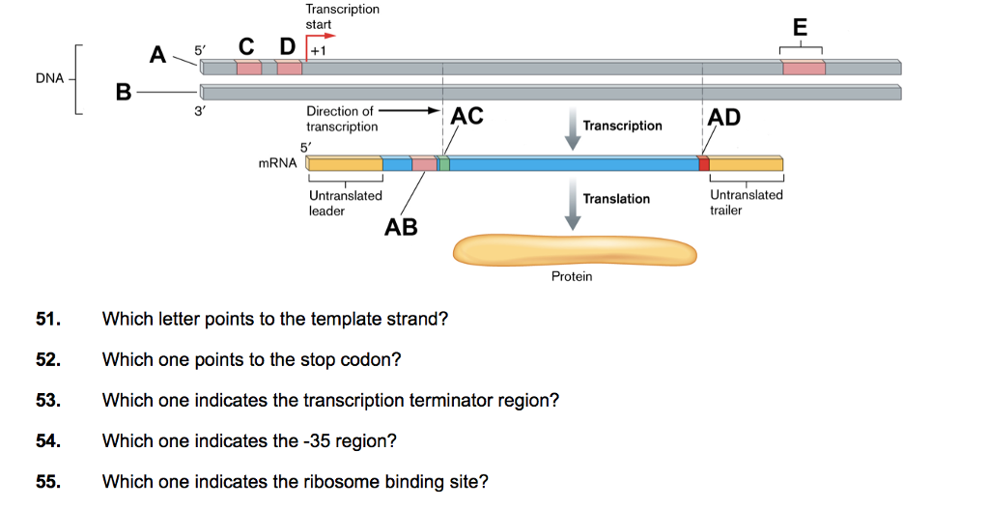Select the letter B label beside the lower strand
tap(123, 93)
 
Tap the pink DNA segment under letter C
tap(249, 68)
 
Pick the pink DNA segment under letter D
tap(289, 68)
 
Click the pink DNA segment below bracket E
tap(804, 68)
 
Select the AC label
tap(466, 117)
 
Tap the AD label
tap(724, 118)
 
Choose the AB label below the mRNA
tap(401, 227)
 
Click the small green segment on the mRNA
tap(443, 164)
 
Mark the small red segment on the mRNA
tap(704, 164)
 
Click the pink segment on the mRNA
tap(424, 164)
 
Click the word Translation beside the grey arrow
tap(616, 198)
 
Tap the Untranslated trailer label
tap(746, 202)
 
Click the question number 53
tap(48, 401)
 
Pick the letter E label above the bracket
tap(799, 27)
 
